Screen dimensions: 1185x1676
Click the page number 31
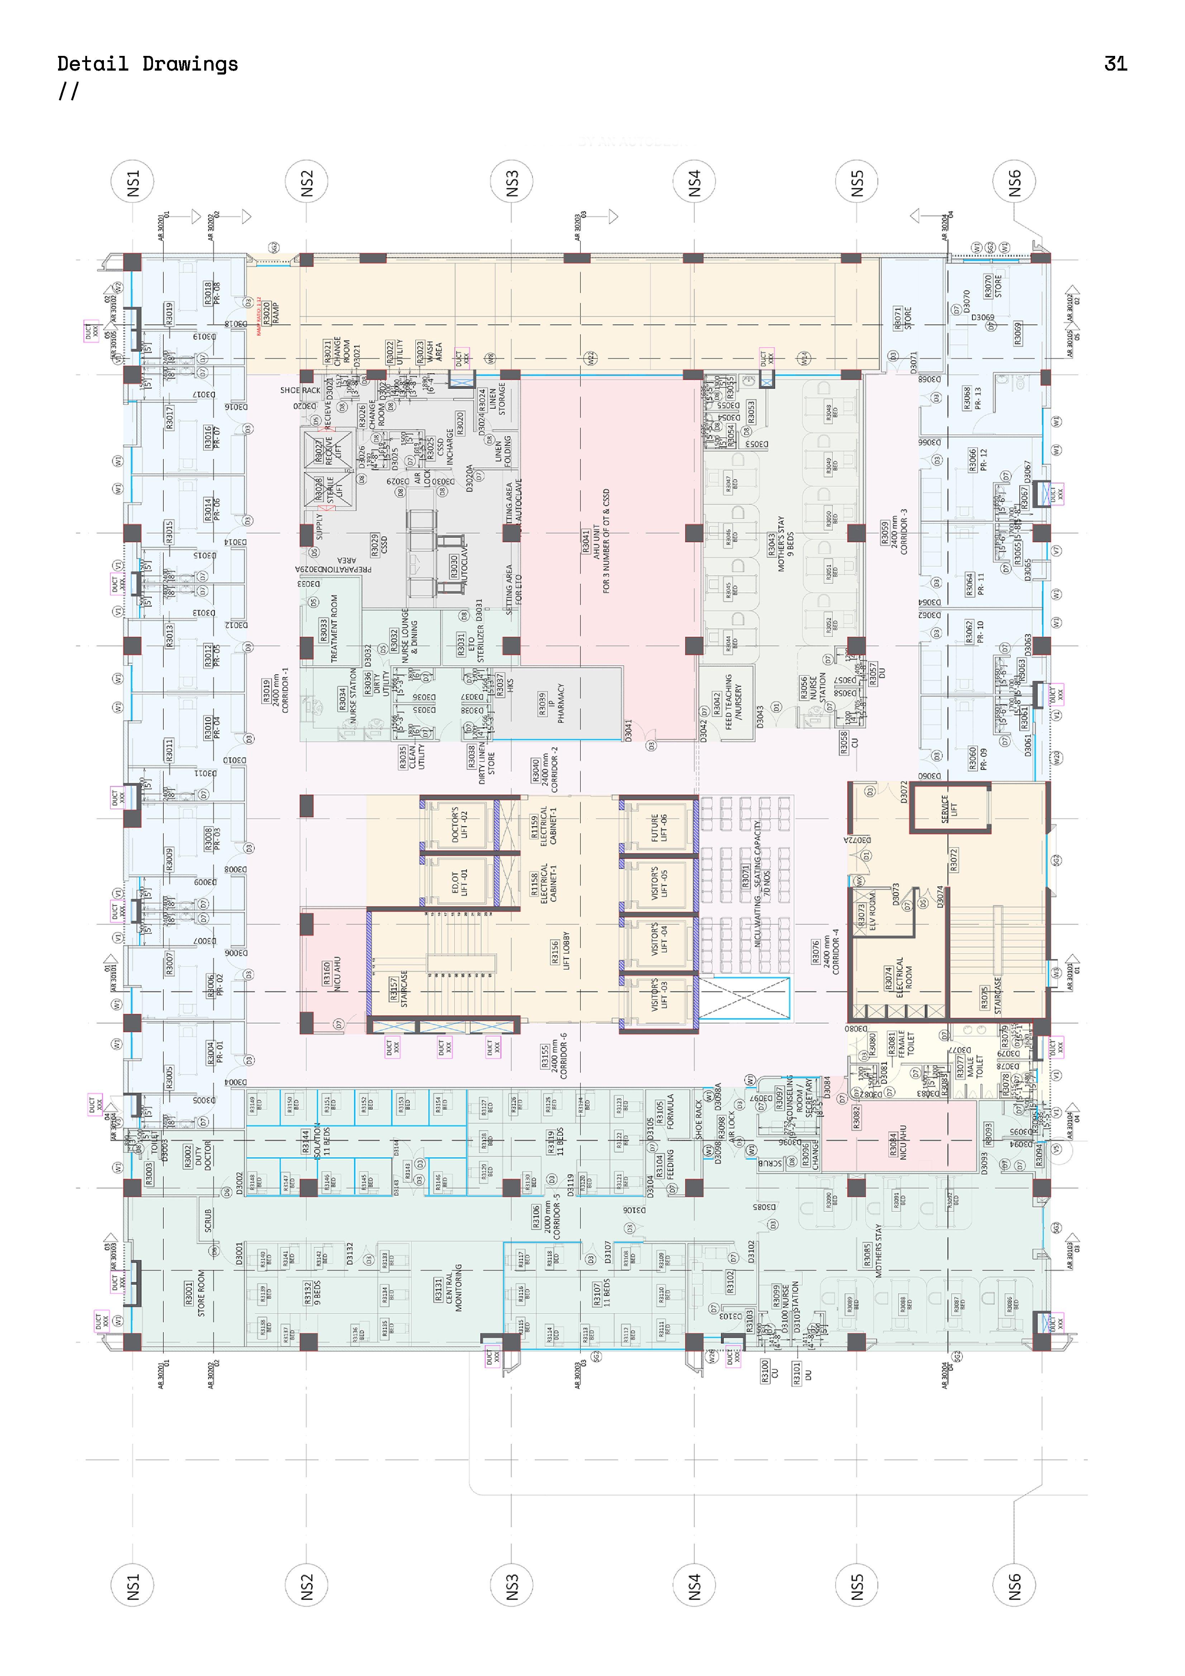(x=1115, y=64)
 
